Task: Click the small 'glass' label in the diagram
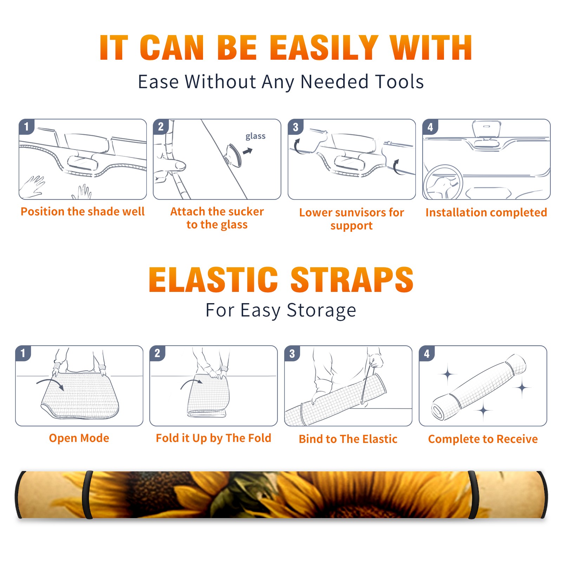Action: [255, 136]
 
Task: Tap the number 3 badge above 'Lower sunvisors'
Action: [295, 127]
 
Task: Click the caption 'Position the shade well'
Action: [83, 211]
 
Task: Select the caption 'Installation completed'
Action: [486, 213]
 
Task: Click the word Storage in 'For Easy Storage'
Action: [321, 311]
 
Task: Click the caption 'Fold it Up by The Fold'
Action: [214, 438]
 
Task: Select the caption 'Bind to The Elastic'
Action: [348, 439]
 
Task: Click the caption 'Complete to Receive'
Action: [483, 439]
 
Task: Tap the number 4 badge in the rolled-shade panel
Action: [427, 353]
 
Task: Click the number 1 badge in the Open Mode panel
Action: [23, 353]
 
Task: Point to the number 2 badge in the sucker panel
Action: [161, 126]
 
